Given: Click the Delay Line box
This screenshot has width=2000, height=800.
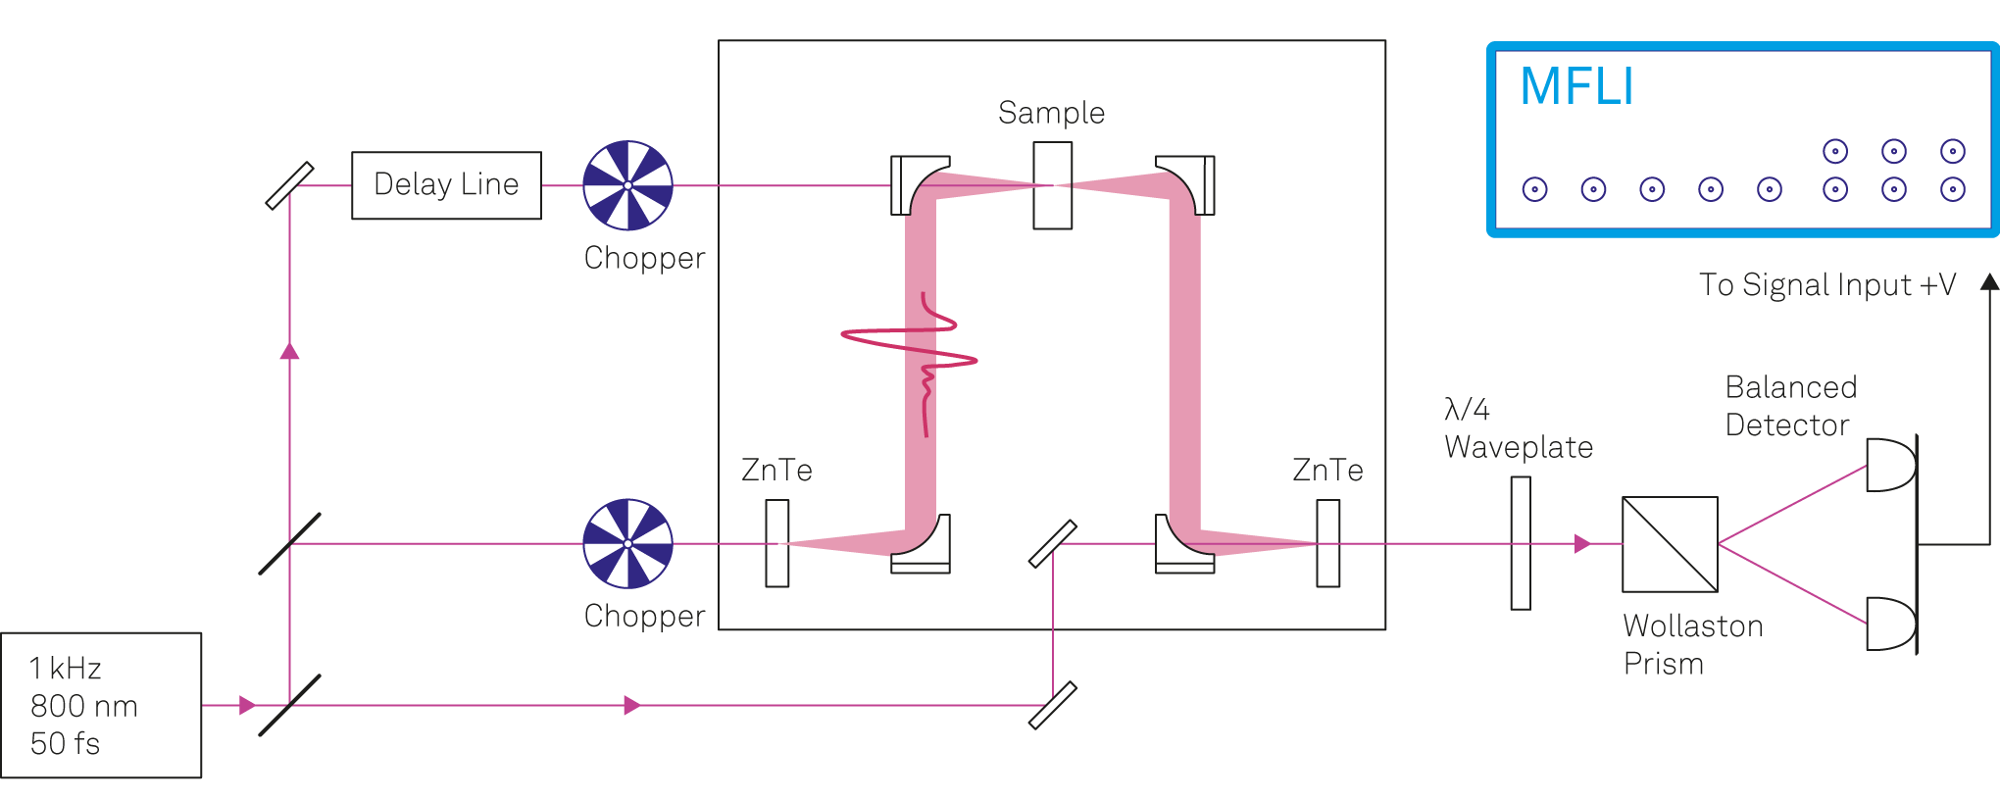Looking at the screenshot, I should point(446,185).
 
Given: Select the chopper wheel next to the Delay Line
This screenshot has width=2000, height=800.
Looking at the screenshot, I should point(627,185).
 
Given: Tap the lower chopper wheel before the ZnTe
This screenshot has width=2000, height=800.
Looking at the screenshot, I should point(627,543).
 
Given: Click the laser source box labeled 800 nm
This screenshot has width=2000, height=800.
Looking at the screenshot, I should point(101,705).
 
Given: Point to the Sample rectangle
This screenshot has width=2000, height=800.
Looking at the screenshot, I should point(1052,185).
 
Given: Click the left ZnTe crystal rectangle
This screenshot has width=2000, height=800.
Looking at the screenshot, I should point(777,543).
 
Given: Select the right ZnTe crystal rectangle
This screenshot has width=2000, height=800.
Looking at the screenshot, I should point(1327,543).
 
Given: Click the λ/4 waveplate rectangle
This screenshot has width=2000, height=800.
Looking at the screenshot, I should point(1521,543).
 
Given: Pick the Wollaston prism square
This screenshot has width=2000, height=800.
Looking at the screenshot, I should point(1670,544).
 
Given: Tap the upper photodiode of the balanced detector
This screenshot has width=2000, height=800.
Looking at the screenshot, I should point(1888,465).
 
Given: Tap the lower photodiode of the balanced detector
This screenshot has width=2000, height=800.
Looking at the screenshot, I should point(1888,624).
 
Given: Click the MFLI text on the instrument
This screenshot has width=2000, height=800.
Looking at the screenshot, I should point(1576,86).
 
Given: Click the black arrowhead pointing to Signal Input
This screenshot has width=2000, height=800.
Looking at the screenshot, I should point(1989,282).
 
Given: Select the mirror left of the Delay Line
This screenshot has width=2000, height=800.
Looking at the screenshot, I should point(289,185).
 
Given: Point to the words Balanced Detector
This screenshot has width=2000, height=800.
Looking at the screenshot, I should point(1790,406).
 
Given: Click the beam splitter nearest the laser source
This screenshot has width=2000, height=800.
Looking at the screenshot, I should point(289,705).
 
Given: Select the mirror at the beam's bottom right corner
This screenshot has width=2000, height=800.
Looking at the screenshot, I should point(1052,705).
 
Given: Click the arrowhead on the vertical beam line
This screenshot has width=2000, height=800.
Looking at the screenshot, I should point(289,351).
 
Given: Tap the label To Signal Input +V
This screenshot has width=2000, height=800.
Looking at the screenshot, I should point(1827,284).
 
